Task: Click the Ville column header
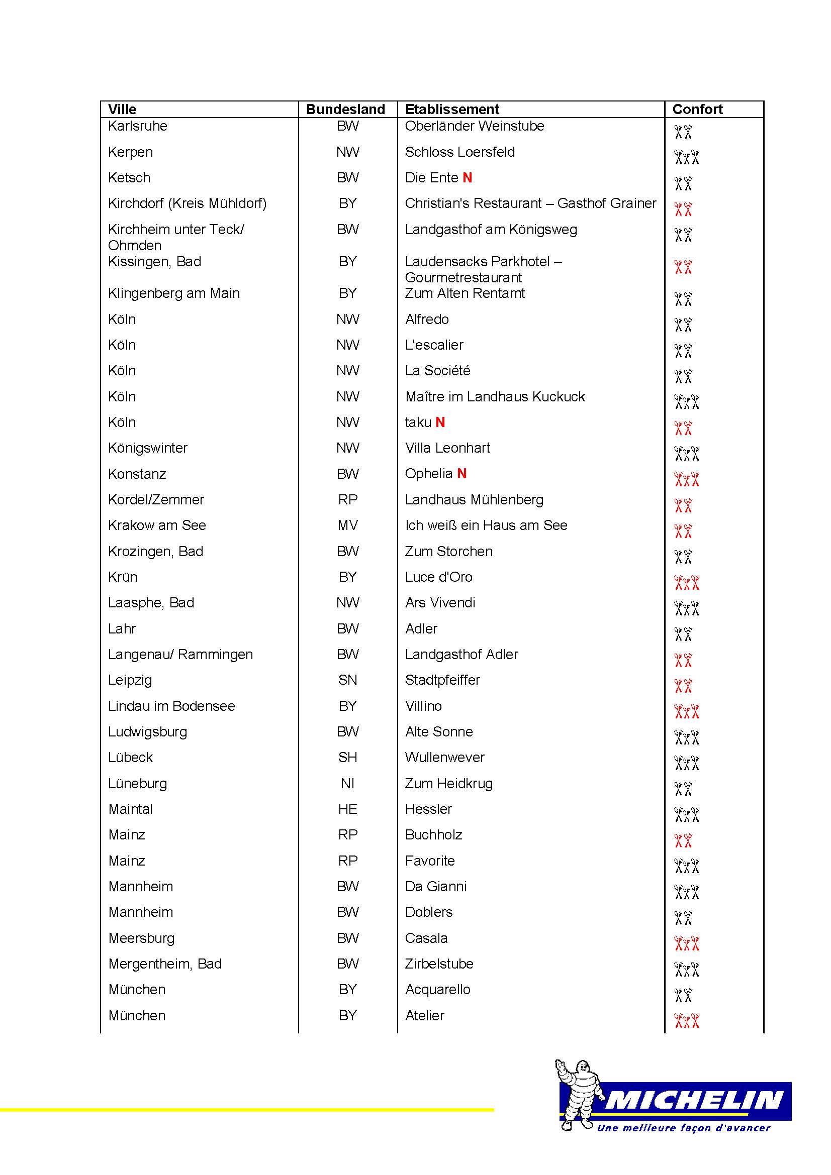tap(122, 109)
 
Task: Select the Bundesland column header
tap(345, 109)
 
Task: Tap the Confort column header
tap(697, 109)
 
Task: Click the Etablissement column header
tap(451, 109)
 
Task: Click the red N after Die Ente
tap(467, 177)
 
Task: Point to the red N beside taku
tap(440, 422)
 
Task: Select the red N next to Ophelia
tap(462, 474)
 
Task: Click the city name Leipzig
tap(130, 680)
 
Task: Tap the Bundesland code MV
tap(348, 525)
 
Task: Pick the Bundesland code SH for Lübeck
tap(348, 758)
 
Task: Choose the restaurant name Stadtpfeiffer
tap(442, 680)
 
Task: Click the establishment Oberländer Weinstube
tap(474, 126)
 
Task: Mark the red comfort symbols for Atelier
tap(686, 1020)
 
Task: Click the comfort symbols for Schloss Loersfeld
tap(686, 157)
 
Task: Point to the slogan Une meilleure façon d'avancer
tap(684, 1128)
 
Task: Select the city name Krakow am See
tap(157, 525)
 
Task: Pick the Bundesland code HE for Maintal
tap(348, 809)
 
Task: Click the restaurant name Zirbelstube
tap(439, 964)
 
